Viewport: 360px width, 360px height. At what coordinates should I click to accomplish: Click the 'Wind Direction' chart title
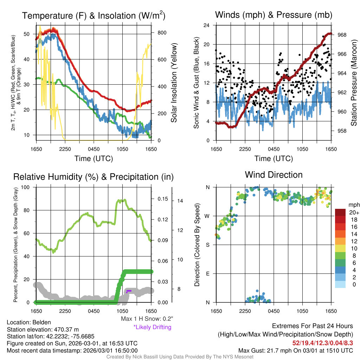click(274, 175)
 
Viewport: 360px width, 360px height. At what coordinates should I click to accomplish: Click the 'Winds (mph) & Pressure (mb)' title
click(274, 15)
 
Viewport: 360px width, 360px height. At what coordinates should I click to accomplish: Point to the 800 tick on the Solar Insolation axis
click(162, 33)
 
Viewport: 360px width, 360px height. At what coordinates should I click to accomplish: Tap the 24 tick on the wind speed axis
click(207, 25)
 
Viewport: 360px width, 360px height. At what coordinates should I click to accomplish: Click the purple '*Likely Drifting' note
click(152, 327)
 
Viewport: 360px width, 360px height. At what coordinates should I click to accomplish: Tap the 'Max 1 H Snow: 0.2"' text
click(147, 319)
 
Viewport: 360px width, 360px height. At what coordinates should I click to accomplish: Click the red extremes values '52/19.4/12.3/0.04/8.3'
click(322, 343)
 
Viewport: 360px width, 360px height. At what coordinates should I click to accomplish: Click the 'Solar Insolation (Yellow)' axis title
click(174, 83)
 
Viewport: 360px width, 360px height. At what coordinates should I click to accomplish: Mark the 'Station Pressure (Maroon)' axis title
click(354, 83)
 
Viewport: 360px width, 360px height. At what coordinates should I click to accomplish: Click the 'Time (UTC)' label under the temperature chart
click(94, 159)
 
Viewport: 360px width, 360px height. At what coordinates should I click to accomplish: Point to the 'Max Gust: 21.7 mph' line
click(295, 350)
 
